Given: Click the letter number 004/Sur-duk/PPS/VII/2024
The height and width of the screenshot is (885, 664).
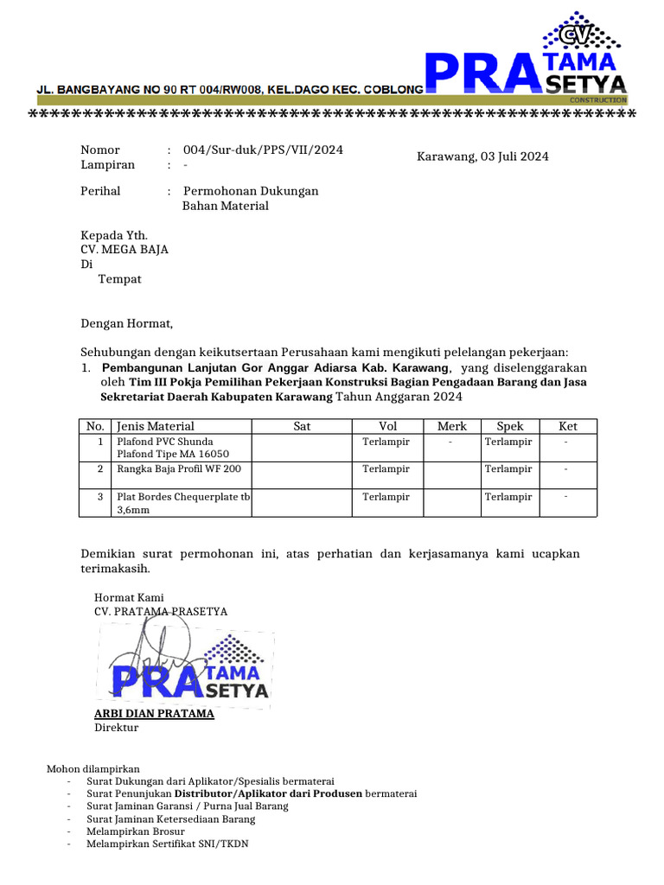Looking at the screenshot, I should pyautogui.click(x=257, y=150).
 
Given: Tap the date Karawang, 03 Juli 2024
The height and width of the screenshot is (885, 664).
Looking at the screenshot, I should pyautogui.click(x=482, y=156).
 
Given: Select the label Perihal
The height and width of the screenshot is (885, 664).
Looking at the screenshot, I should pyautogui.click(x=100, y=191).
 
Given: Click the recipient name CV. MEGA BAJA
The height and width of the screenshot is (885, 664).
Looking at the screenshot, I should pyautogui.click(x=124, y=250).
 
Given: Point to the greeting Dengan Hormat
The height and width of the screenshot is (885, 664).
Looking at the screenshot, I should pyautogui.click(x=127, y=324).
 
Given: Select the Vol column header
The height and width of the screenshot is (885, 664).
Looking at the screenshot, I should pyautogui.click(x=387, y=426).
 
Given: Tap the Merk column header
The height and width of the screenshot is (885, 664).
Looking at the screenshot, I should pyautogui.click(x=451, y=426).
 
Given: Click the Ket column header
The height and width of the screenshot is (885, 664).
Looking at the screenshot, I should pyautogui.click(x=567, y=426).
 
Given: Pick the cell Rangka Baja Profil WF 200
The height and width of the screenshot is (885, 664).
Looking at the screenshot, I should pyautogui.click(x=178, y=468).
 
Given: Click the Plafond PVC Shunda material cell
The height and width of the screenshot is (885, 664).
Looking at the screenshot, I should pyautogui.click(x=164, y=442).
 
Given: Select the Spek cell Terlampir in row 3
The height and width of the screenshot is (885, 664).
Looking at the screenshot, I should pyautogui.click(x=508, y=497).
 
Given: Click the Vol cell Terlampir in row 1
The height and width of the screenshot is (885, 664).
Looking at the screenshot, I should pyautogui.click(x=386, y=442).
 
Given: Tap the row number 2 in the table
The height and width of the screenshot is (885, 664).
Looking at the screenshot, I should pyautogui.click(x=100, y=468).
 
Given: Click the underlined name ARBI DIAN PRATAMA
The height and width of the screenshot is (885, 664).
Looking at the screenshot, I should pyautogui.click(x=154, y=714).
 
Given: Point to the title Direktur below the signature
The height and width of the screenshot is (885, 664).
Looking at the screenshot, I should pyautogui.click(x=116, y=728).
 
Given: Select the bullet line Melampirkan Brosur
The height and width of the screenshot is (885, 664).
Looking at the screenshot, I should pyautogui.click(x=136, y=831).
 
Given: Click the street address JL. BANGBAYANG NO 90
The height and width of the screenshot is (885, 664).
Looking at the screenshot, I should pyautogui.click(x=121, y=89).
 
